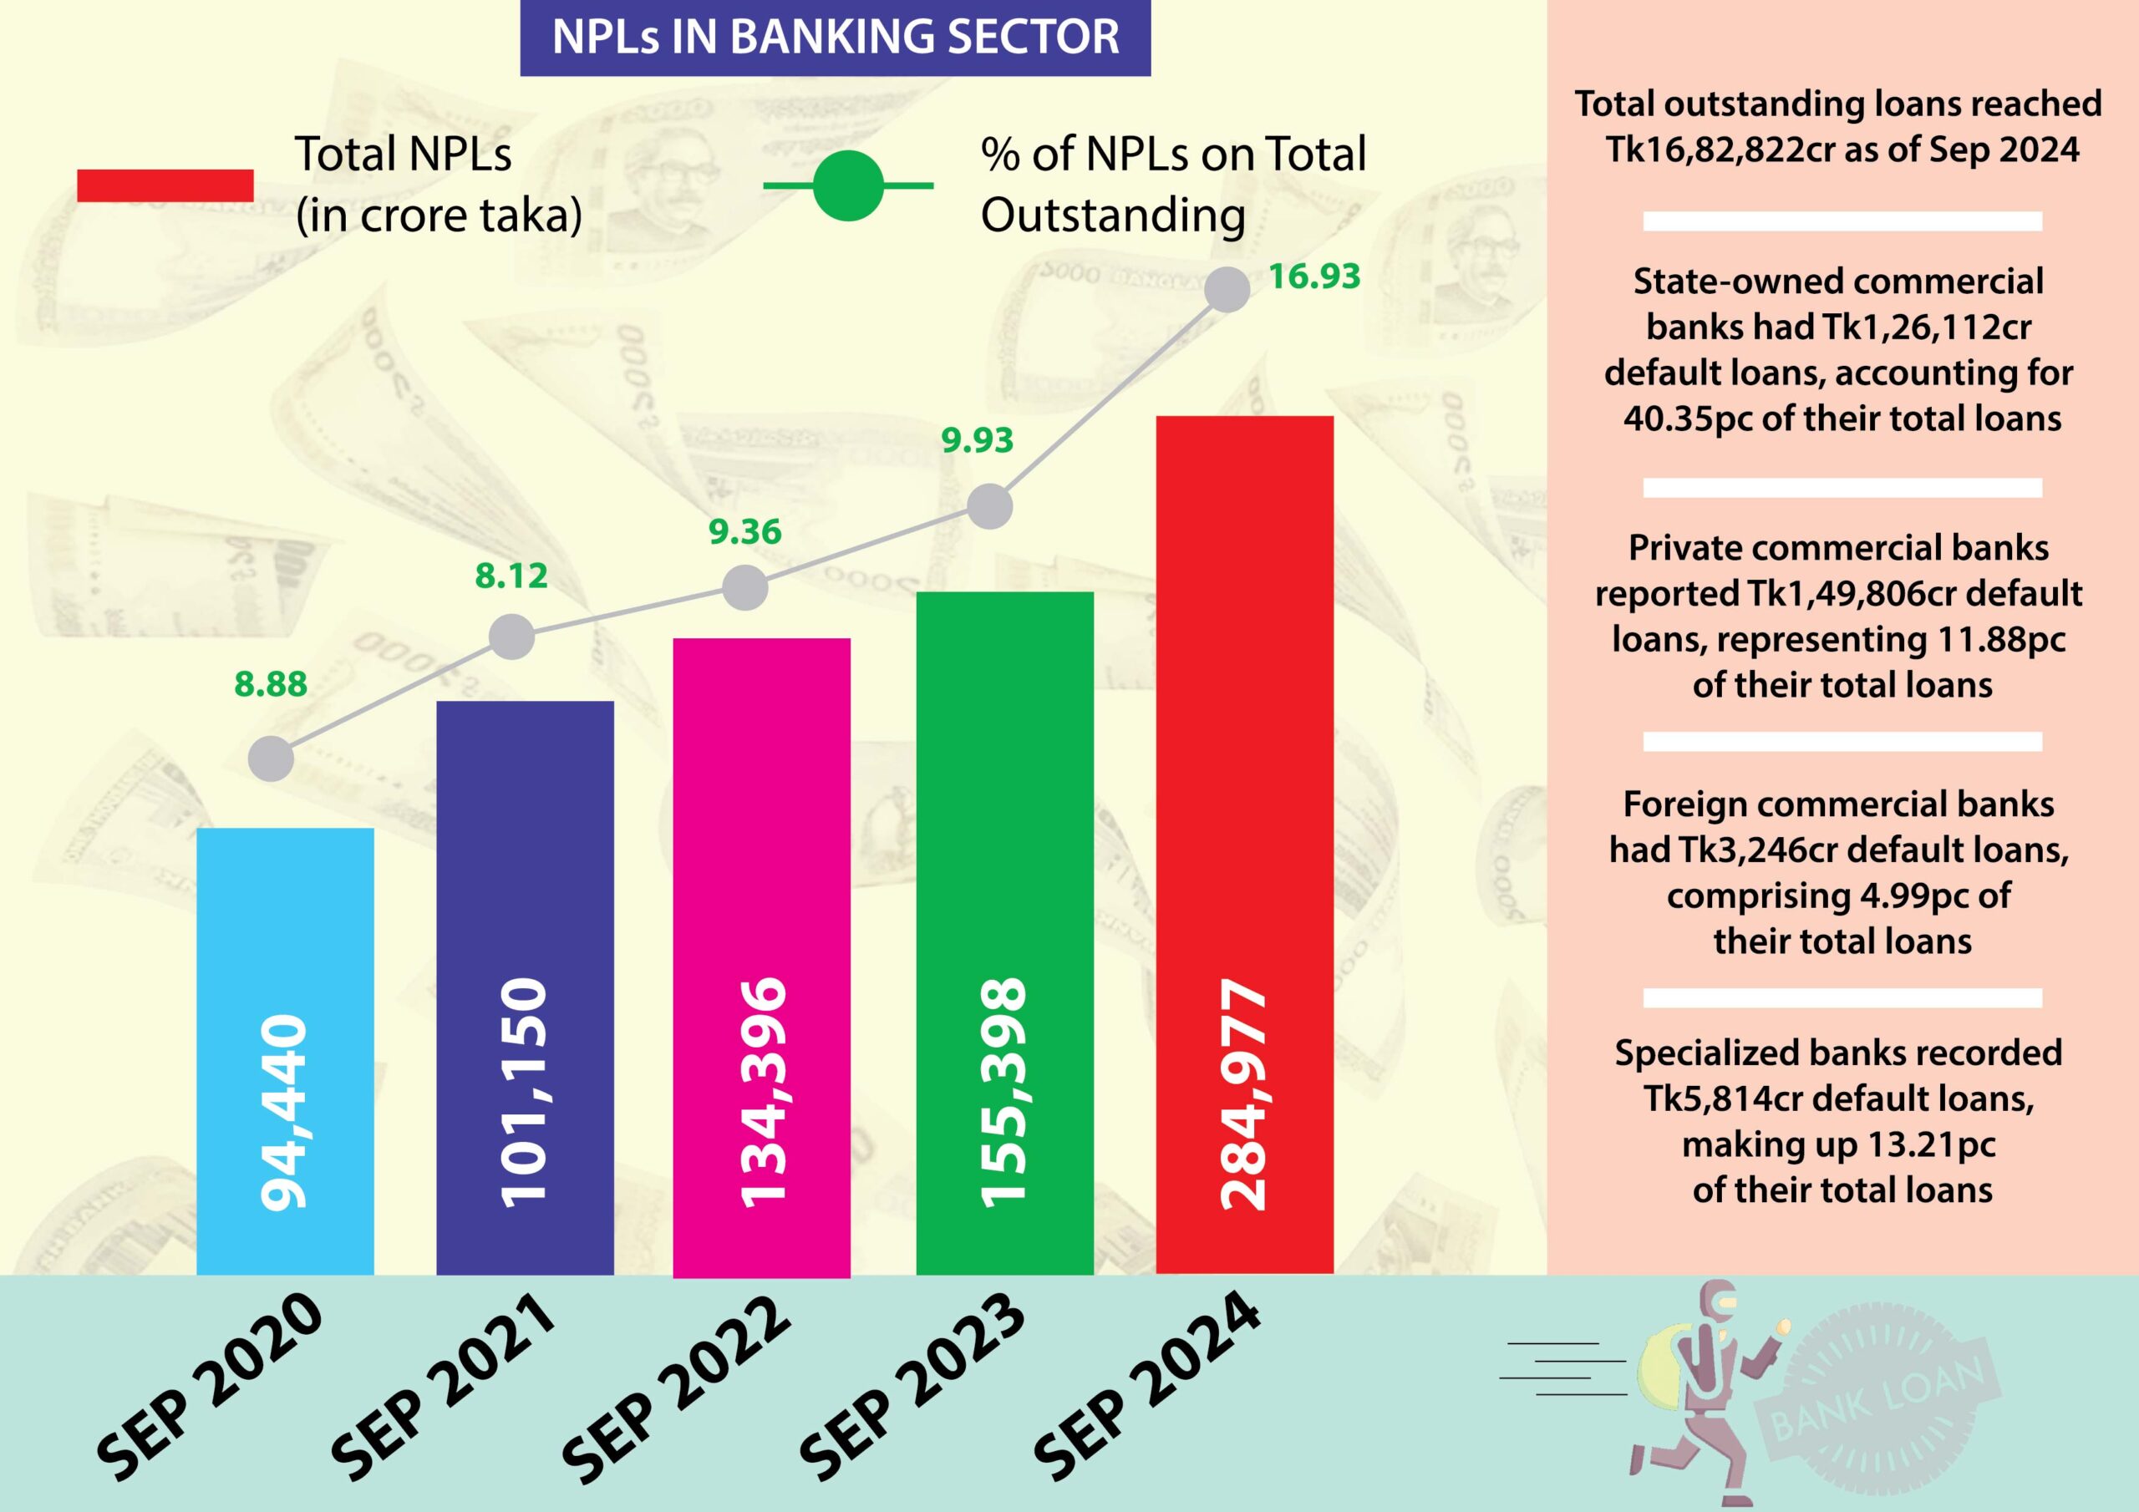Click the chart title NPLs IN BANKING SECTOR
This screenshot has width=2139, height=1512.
[x=835, y=38]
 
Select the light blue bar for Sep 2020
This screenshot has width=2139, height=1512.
[x=285, y=931]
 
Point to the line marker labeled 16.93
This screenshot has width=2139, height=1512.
[x=1227, y=289]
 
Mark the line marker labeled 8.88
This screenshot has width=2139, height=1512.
[x=271, y=759]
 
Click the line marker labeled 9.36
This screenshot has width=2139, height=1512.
[x=744, y=588]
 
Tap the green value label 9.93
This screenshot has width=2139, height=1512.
[x=977, y=439]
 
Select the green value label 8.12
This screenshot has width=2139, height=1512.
[x=511, y=576]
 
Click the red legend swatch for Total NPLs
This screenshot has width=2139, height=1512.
[x=165, y=185]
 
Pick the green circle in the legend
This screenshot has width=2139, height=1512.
[x=848, y=185]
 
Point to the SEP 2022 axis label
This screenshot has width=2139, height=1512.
[x=678, y=1388]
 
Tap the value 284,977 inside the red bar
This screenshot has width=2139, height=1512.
[x=1245, y=1094]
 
